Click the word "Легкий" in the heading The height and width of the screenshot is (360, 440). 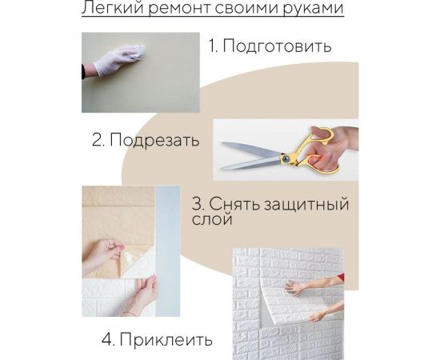110,10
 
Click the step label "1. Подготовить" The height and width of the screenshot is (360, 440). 270,46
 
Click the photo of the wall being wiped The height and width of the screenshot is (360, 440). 140,72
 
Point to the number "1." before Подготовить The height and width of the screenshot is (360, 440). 214,46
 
